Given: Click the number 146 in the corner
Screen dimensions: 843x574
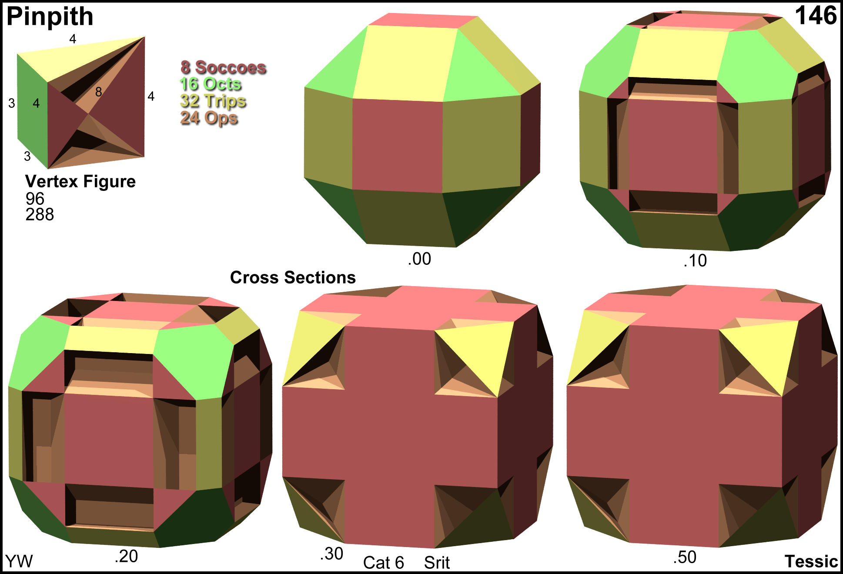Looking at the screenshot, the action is point(816,16).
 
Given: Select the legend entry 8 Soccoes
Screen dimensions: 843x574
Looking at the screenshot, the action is point(223,67).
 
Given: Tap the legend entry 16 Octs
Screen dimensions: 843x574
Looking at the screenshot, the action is point(211,84).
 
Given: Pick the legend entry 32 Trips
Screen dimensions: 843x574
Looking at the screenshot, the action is point(213,101).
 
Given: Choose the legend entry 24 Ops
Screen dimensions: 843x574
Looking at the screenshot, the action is point(209,118).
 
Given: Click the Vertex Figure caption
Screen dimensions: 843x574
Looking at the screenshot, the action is point(80,182).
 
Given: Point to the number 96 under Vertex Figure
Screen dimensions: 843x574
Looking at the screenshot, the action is point(35,199).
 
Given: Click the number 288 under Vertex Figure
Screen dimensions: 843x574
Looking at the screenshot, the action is point(40,214).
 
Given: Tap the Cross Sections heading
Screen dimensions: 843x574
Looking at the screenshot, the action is point(293,277).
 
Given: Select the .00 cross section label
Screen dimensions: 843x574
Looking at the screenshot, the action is point(420,259).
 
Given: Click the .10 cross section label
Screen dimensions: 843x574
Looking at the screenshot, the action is point(695,261).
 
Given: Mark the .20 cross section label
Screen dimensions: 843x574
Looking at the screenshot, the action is point(127,557).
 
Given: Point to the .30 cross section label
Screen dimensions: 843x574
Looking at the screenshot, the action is point(332,554).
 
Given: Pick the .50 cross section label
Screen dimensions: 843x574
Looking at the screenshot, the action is point(685,557).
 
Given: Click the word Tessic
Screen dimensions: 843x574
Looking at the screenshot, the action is point(811,561).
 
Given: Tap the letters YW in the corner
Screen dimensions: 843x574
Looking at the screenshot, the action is point(19,561).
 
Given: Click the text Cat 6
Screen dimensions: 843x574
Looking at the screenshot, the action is point(384,563).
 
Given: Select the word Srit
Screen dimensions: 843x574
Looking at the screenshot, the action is point(437,563).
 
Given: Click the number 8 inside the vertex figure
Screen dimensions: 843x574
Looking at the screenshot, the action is point(99,92).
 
